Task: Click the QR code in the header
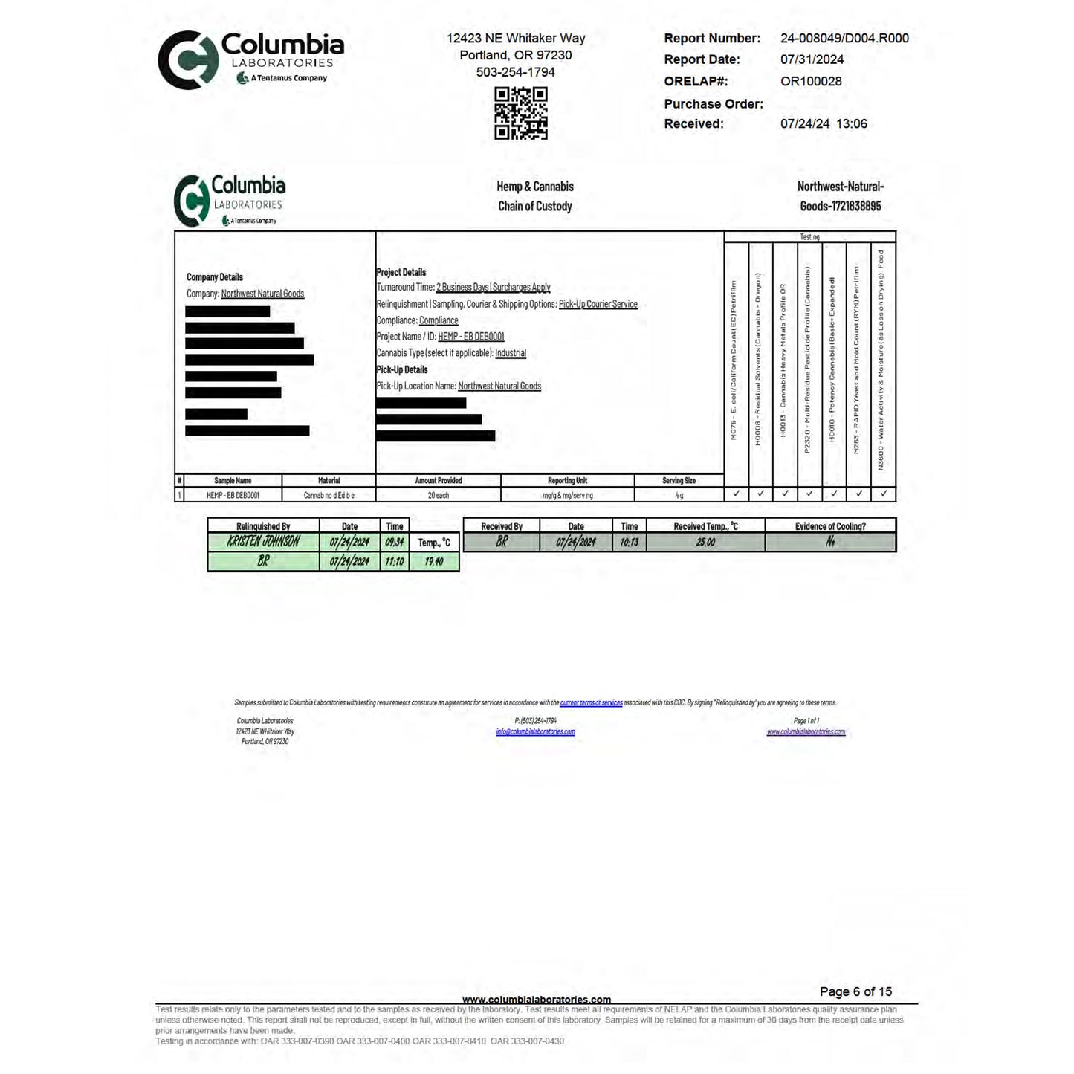521,113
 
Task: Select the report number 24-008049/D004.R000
844,39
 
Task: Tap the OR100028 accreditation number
811,82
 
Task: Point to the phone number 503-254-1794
515,72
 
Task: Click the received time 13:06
852,124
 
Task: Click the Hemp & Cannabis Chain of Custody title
535,196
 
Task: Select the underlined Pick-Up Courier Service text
598,304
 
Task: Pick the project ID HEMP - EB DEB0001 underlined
470,337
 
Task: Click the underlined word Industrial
511,353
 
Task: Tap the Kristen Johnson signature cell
263,542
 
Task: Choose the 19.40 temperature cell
434,561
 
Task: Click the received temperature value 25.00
705,543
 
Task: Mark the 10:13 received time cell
629,543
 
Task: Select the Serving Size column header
679,481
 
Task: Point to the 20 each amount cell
438,495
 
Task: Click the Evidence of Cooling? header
829,526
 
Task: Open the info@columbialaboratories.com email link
535,732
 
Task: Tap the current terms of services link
591,702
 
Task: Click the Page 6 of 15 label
855,991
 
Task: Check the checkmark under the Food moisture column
883,494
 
